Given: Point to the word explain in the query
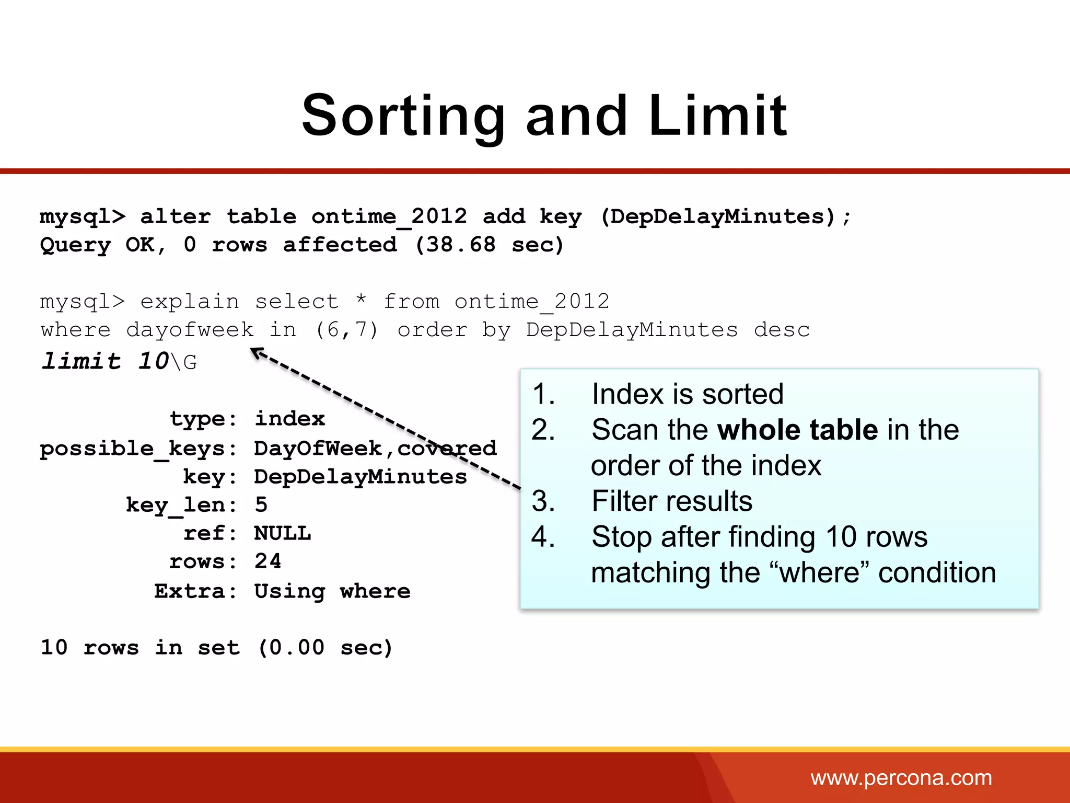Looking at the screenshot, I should click(189, 302).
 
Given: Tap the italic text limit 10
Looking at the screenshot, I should click(105, 361).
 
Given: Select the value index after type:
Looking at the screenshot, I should click(289, 419).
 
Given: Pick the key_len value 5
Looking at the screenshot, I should click(261, 505).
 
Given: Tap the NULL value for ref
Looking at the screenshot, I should click(282, 533).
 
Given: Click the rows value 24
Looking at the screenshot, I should click(267, 561).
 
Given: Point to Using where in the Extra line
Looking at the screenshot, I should click(332, 591).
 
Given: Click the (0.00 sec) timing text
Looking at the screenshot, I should click(325, 648).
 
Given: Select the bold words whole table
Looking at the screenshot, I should click(797, 430).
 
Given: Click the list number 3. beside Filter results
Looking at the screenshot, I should click(543, 501).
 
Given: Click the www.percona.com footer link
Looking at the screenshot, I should click(901, 778).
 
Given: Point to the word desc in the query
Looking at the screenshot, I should click(782, 330).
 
